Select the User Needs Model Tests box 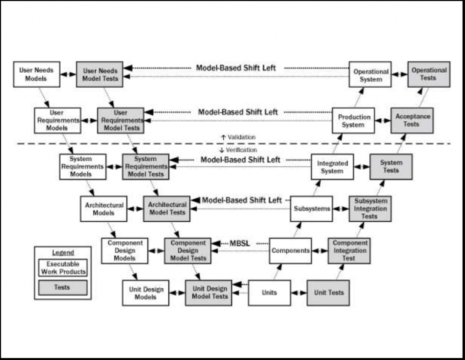99,75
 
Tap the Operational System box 371,75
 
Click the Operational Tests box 429,74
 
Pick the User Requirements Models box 57,120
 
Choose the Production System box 354,121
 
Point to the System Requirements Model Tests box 145,166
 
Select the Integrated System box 332,167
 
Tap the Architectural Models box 104,208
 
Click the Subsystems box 312,208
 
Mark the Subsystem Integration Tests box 369,208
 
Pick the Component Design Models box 125,250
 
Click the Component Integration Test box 348,250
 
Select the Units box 269,293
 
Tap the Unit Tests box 329,293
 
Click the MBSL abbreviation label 239,243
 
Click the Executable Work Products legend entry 62,267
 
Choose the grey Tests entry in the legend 62,287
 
